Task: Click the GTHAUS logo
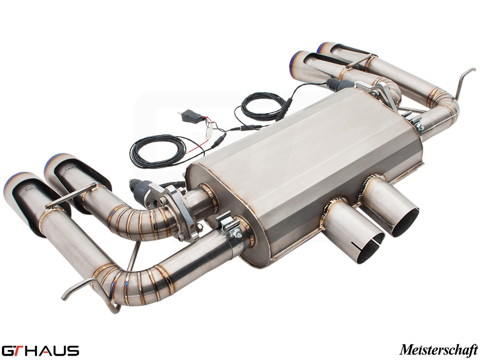40,349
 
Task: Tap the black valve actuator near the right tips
338,85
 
